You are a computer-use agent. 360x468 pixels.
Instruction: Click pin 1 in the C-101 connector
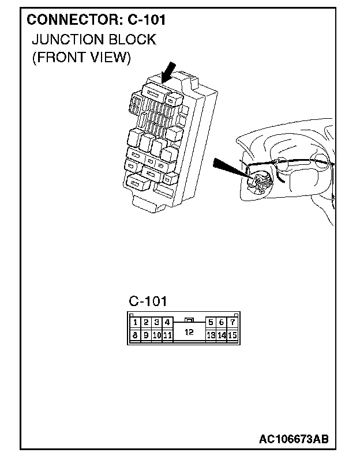[x=134, y=323]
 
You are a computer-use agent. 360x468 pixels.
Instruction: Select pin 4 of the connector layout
[x=167, y=323]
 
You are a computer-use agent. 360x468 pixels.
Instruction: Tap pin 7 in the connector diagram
[x=232, y=323]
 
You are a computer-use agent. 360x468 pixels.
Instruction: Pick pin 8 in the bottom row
[x=134, y=335]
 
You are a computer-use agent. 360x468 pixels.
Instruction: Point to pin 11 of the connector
[x=167, y=335]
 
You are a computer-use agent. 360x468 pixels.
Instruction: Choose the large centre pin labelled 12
[x=189, y=332]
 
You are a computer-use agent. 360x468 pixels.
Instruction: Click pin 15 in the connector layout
[x=232, y=335]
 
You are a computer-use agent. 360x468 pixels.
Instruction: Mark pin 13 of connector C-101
[x=211, y=335]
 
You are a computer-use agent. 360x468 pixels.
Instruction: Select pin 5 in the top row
[x=211, y=323]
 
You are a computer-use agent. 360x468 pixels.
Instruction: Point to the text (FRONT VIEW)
[x=81, y=58]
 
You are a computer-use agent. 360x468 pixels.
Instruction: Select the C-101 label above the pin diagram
[x=148, y=301]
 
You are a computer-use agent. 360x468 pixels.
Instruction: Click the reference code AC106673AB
[x=294, y=440]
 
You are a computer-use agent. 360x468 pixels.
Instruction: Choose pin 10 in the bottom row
[x=156, y=335]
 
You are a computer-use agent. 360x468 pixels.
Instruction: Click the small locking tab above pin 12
[x=188, y=319]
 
